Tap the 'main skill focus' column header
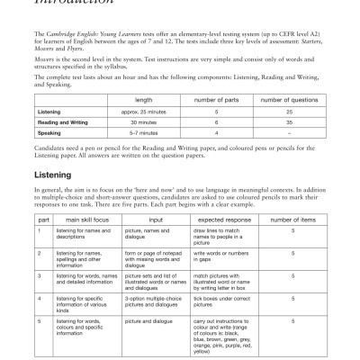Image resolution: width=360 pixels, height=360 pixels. pyautogui.click(x=80, y=219)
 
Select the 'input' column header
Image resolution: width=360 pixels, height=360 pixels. pyautogui.click(x=155, y=219)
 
